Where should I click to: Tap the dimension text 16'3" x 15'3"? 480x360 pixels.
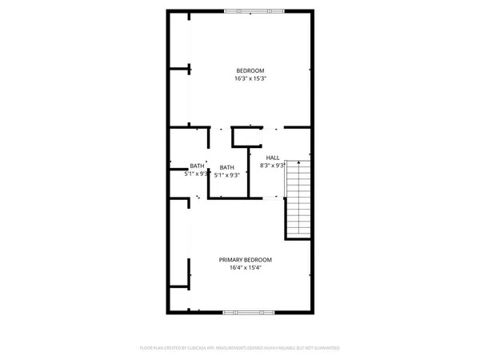click(x=250, y=78)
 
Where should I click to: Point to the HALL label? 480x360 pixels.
click(x=273, y=158)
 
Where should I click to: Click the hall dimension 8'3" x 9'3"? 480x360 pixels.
click(x=273, y=166)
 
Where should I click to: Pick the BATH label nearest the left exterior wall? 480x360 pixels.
click(x=197, y=166)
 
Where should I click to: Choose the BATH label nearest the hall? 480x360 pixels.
click(x=227, y=167)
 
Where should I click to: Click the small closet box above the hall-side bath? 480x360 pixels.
click(x=240, y=137)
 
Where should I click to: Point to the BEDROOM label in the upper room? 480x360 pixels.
click(x=250, y=70)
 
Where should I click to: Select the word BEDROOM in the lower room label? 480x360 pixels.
click(x=258, y=260)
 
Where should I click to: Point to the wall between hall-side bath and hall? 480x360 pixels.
click(x=250, y=172)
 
